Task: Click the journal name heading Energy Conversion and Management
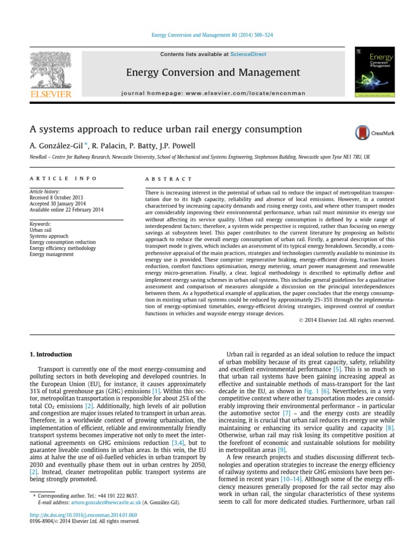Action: click(213, 72)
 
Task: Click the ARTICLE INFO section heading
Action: click(63, 178)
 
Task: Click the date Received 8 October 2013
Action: click(57, 197)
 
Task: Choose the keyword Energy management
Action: click(52, 254)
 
